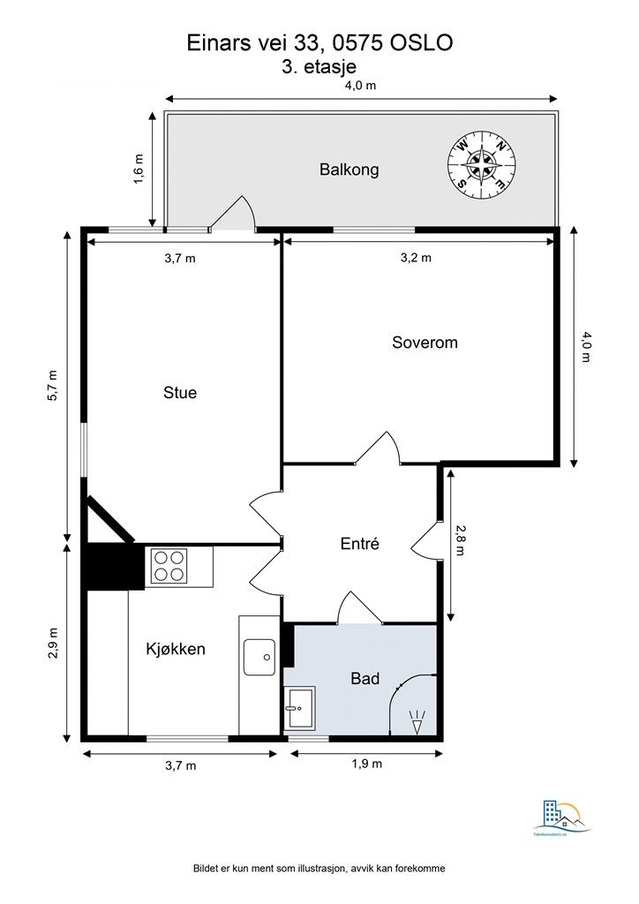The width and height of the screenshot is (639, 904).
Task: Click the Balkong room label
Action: point(349,169)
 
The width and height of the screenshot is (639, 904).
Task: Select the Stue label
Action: point(180,393)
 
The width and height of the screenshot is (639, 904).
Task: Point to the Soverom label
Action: point(425,343)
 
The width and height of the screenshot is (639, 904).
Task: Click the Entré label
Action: point(359,545)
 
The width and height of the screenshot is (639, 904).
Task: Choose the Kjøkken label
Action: point(176,649)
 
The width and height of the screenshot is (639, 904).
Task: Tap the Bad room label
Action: point(365,679)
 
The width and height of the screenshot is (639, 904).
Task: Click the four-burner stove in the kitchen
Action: point(169,566)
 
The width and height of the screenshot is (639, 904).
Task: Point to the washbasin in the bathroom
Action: point(299,706)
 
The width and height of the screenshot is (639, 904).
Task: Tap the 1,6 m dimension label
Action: point(139,169)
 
